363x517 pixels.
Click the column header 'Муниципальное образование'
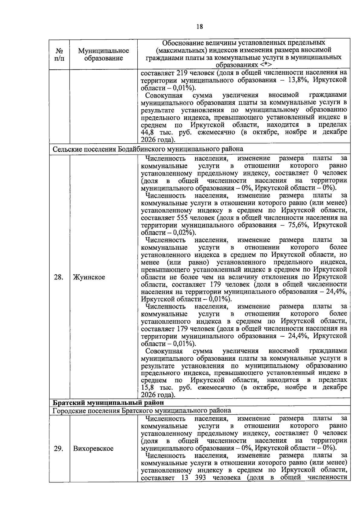click(103, 54)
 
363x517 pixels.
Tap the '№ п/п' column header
click(59, 54)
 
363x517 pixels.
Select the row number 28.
click(58, 277)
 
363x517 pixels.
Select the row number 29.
click(58, 449)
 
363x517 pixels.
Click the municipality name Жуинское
click(89, 277)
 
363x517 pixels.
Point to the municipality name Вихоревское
click(93, 449)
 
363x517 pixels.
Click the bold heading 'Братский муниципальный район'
click(109, 403)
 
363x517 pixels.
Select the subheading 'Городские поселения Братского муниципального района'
click(142, 410)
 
